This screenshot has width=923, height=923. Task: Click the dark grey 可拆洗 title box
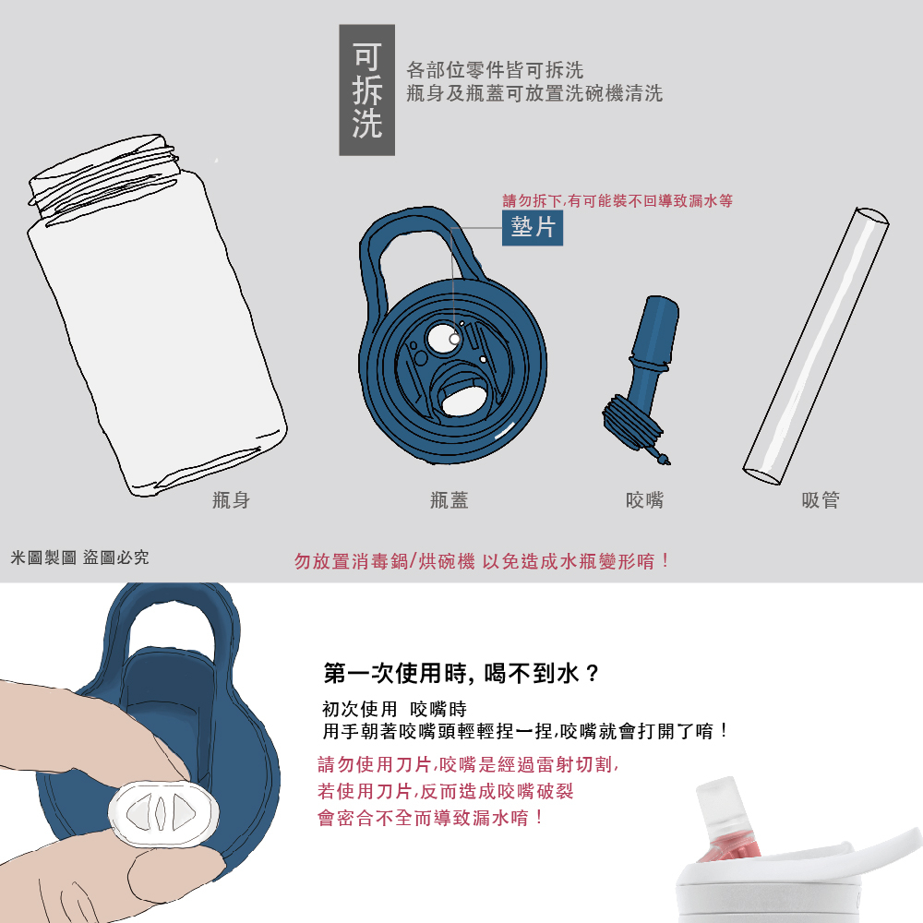pyautogui.click(x=366, y=90)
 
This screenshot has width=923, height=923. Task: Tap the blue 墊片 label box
pyautogui.click(x=533, y=227)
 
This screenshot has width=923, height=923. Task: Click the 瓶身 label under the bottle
pyautogui.click(x=232, y=500)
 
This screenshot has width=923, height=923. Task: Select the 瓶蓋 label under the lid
pyautogui.click(x=450, y=500)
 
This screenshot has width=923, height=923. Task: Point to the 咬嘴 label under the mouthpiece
pyautogui.click(x=644, y=500)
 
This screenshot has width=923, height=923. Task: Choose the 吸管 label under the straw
pyautogui.click(x=821, y=500)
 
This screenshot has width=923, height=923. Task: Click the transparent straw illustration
pyautogui.click(x=816, y=346)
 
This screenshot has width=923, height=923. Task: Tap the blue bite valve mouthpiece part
pyautogui.click(x=641, y=380)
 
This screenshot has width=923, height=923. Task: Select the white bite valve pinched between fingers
pyautogui.click(x=163, y=813)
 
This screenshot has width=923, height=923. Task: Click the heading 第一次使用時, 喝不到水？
pyautogui.click(x=461, y=673)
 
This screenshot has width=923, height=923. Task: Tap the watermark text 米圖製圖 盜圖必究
pyautogui.click(x=79, y=557)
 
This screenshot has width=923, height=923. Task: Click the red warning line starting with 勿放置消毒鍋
pyautogui.click(x=482, y=561)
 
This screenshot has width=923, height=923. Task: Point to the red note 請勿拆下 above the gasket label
pyautogui.click(x=617, y=200)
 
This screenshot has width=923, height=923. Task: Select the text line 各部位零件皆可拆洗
pyautogui.click(x=495, y=70)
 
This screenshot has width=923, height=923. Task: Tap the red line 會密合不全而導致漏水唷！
pyautogui.click(x=430, y=818)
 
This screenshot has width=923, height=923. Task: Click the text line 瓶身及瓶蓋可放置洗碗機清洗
pyautogui.click(x=534, y=93)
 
